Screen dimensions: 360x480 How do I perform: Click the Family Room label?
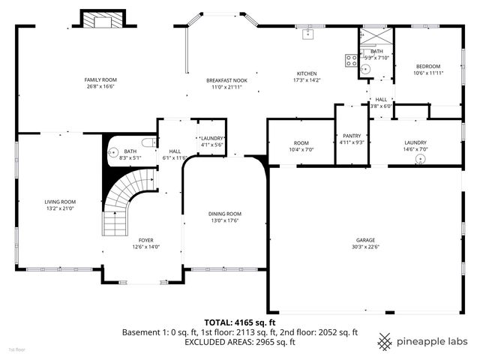pyautogui.click(x=100, y=79)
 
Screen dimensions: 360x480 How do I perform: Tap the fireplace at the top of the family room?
pyautogui.click(x=99, y=20)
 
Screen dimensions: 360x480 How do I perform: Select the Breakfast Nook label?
pyautogui.click(x=227, y=80)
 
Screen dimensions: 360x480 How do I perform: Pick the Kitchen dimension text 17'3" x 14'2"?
pyautogui.click(x=306, y=80)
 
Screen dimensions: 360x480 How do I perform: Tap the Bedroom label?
pyautogui.click(x=427, y=66)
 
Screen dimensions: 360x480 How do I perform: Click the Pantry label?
pyautogui.click(x=351, y=135)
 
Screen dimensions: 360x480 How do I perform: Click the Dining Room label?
pyautogui.click(x=225, y=214)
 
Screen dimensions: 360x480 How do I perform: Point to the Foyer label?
pyautogui.click(x=145, y=240)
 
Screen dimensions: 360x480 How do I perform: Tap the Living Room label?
pyautogui.click(x=60, y=202)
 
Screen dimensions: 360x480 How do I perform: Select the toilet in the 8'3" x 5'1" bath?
pyautogui.click(x=147, y=142)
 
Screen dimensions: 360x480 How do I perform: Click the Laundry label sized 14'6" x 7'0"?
pyautogui.click(x=415, y=142)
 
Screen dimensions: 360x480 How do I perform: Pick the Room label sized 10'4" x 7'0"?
pyautogui.click(x=301, y=142)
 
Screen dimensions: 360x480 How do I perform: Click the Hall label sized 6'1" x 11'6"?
pyautogui.click(x=175, y=151)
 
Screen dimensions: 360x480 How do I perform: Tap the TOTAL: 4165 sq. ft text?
pyautogui.click(x=240, y=322)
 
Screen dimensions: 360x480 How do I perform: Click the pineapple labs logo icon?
pyautogui.click(x=385, y=341)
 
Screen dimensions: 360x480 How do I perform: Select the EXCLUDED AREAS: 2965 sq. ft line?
pyautogui.click(x=240, y=342)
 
